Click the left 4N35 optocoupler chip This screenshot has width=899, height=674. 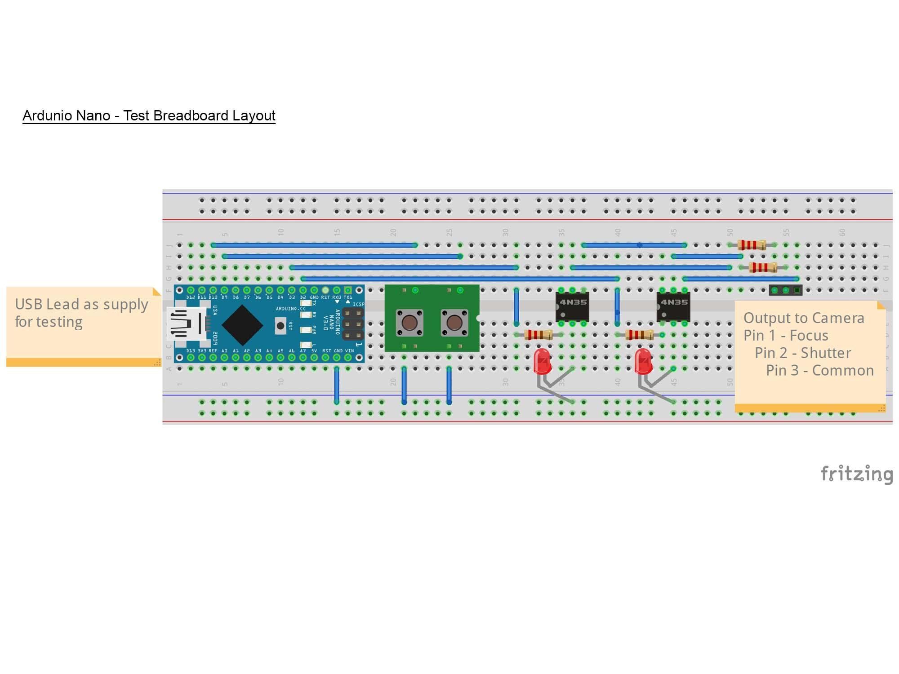click(572, 306)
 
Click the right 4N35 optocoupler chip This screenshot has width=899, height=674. click(673, 306)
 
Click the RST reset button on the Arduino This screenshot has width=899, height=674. click(280, 326)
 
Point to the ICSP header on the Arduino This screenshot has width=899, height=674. click(353, 324)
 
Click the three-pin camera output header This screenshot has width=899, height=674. click(785, 290)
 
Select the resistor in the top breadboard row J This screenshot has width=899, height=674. click(752, 245)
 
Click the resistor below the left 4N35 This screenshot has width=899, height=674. click(538, 335)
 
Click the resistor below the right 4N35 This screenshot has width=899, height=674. click(639, 335)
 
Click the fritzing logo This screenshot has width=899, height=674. click(856, 474)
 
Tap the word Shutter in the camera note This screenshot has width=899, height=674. click(826, 353)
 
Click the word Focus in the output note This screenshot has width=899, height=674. click(809, 336)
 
